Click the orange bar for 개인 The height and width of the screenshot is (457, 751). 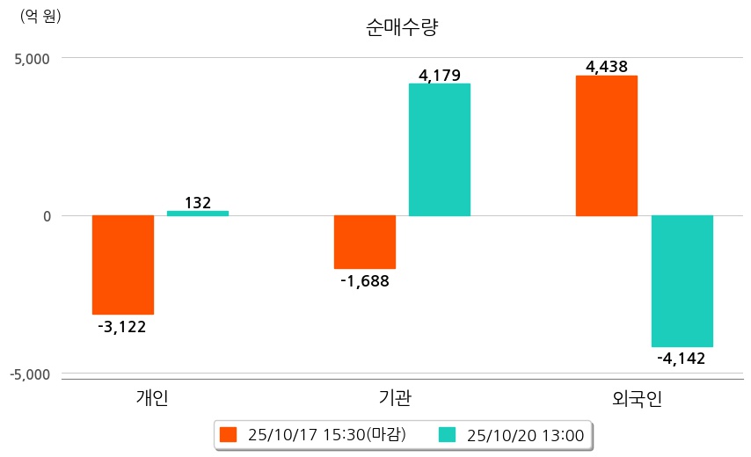pos(123,265)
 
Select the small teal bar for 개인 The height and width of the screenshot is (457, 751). pos(198,213)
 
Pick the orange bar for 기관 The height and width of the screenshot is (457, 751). pos(365,242)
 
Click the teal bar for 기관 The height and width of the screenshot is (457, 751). pos(440,149)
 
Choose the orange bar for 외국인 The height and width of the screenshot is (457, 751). pos(606,146)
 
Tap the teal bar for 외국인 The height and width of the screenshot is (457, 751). pos(682,281)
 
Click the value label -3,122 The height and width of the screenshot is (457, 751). pos(122,327)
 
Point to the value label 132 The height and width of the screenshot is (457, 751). pos(198,203)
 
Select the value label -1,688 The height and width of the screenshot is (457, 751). pos(364,281)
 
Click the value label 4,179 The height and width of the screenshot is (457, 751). pos(440,75)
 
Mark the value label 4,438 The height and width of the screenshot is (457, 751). pos(606,66)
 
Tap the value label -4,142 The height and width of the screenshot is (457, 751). pos(682,358)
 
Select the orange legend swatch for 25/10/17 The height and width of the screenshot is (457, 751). pos(229,434)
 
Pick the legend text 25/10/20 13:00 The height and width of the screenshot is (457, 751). pos(526,434)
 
